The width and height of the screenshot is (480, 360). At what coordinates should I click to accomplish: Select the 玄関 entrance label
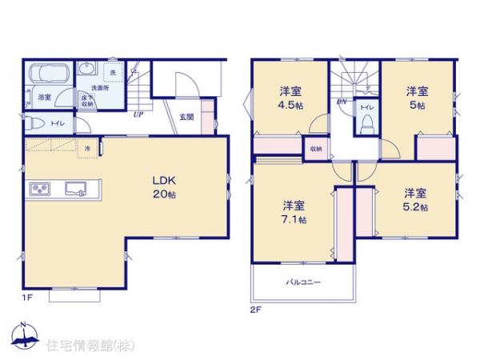pyautogui.click(x=186, y=117)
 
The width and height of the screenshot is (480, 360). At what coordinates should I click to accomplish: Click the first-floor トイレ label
pyautogui.click(x=57, y=124)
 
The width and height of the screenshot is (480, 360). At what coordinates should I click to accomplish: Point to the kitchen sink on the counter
pyautogui.click(x=78, y=190)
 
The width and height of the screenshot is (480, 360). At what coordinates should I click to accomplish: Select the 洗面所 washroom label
pyautogui.click(x=99, y=87)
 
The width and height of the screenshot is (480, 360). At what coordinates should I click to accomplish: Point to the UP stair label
pyautogui.click(x=138, y=114)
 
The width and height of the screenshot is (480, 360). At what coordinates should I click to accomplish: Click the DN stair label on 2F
pyautogui.click(x=342, y=102)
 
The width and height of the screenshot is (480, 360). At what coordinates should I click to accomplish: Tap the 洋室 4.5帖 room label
pyautogui.click(x=290, y=98)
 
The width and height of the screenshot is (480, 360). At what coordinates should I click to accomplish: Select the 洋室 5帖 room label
pyautogui.click(x=414, y=98)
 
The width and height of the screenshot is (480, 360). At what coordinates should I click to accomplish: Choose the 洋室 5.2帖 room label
pyautogui.click(x=415, y=200)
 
